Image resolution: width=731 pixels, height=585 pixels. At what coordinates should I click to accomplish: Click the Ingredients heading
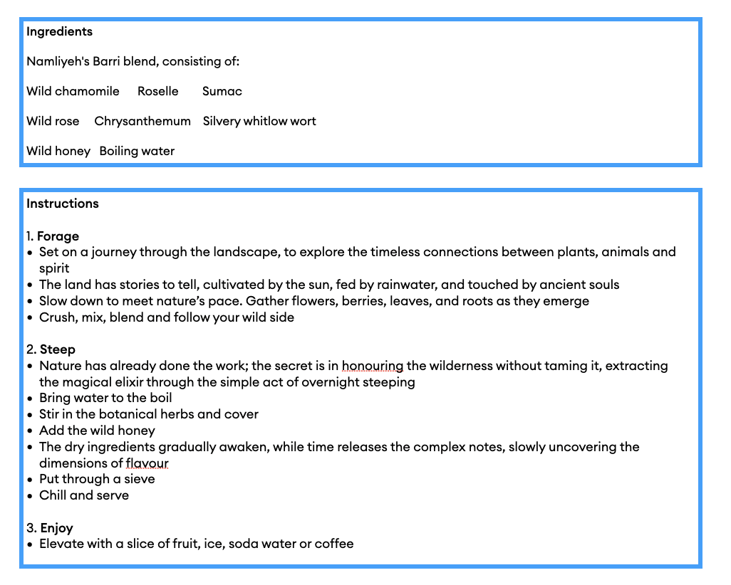click(59, 31)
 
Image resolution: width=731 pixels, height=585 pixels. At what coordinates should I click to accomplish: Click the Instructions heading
click(63, 204)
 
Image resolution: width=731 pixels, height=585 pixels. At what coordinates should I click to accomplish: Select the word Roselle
click(157, 91)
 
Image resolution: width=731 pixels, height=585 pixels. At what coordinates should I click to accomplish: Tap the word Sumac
click(222, 91)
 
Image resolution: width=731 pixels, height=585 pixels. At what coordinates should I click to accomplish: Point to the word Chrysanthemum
click(142, 121)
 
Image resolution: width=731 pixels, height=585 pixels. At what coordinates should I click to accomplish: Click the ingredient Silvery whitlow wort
click(259, 121)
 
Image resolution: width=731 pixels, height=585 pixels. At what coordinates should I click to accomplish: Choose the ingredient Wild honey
click(58, 151)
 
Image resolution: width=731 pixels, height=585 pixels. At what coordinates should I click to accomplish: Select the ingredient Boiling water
click(137, 151)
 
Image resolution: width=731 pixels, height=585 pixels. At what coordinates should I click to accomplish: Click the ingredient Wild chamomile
click(73, 91)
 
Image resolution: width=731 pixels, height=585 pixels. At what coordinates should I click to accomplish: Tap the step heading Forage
click(58, 236)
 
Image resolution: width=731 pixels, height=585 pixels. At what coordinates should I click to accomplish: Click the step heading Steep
click(57, 349)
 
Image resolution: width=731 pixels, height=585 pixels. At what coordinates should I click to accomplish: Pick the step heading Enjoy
click(56, 528)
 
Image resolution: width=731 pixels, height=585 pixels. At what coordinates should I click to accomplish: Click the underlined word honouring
click(372, 366)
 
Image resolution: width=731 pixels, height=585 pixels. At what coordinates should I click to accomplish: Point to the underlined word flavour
click(147, 463)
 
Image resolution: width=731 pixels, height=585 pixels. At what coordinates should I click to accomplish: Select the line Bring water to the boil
click(105, 398)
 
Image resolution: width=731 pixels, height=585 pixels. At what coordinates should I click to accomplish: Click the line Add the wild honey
click(97, 431)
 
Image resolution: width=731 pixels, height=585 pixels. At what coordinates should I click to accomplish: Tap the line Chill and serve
click(84, 495)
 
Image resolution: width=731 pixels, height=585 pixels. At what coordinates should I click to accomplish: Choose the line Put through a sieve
click(97, 479)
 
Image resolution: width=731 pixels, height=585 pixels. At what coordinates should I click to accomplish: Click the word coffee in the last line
click(334, 544)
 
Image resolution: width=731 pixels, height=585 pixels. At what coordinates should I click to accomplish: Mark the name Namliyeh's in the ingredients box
click(56, 61)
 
